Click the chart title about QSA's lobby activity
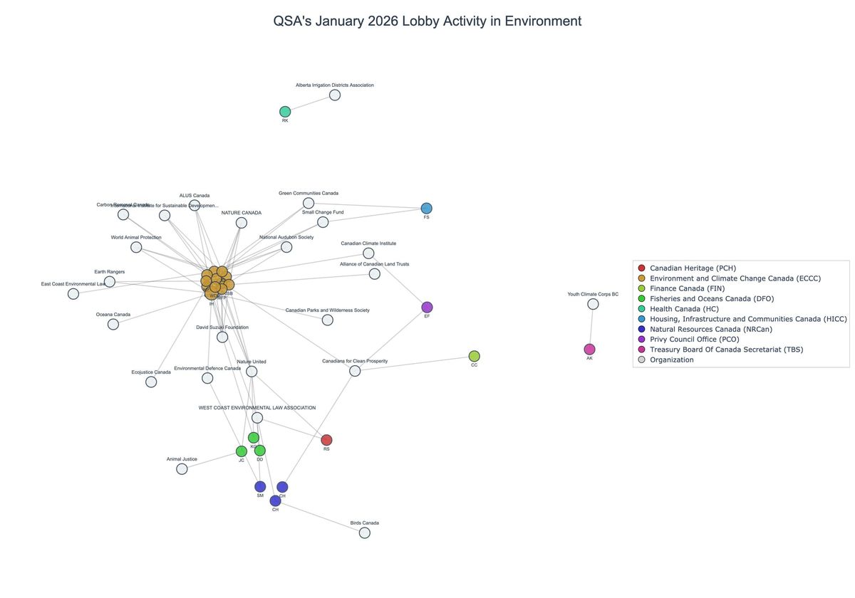[x=427, y=21]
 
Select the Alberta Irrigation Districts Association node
[x=335, y=95]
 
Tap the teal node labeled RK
[x=285, y=112]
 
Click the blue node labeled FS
[x=426, y=208]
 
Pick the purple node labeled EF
[x=427, y=307]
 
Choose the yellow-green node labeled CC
[x=475, y=356]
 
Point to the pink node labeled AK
[x=589, y=349]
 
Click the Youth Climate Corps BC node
[x=593, y=304]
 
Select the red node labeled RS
[x=326, y=440]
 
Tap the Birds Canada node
[x=365, y=533]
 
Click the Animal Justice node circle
[x=182, y=468]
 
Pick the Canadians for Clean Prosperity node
[x=355, y=371]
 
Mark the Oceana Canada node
[x=113, y=324]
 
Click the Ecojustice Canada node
[x=151, y=382]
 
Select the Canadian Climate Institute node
[x=368, y=253]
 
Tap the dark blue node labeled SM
[x=260, y=487]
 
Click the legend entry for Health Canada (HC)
[x=685, y=309]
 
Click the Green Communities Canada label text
[x=309, y=193]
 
